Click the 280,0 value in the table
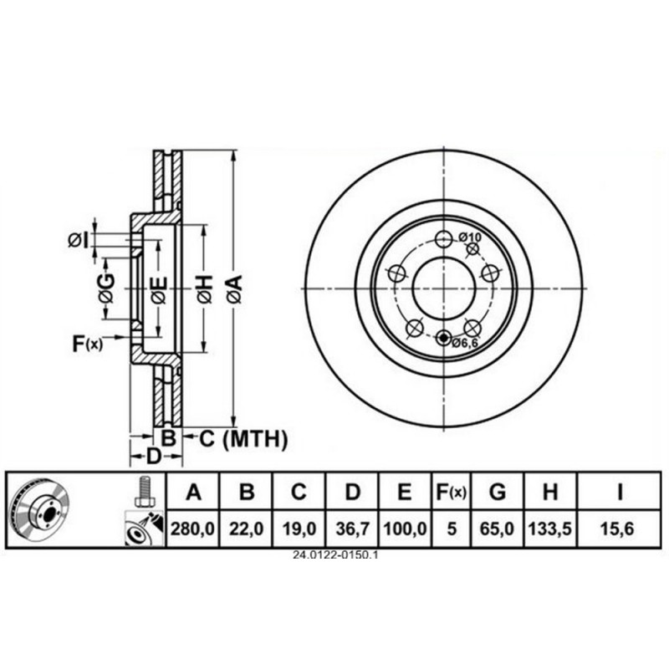click(192, 529)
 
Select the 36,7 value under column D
click(352, 529)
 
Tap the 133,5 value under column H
click(550, 529)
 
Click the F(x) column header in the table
click(451, 493)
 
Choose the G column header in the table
click(498, 493)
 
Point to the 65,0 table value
click(498, 529)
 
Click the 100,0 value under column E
click(405, 529)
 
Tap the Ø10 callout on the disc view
click(470, 237)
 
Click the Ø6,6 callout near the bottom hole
click(465, 343)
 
